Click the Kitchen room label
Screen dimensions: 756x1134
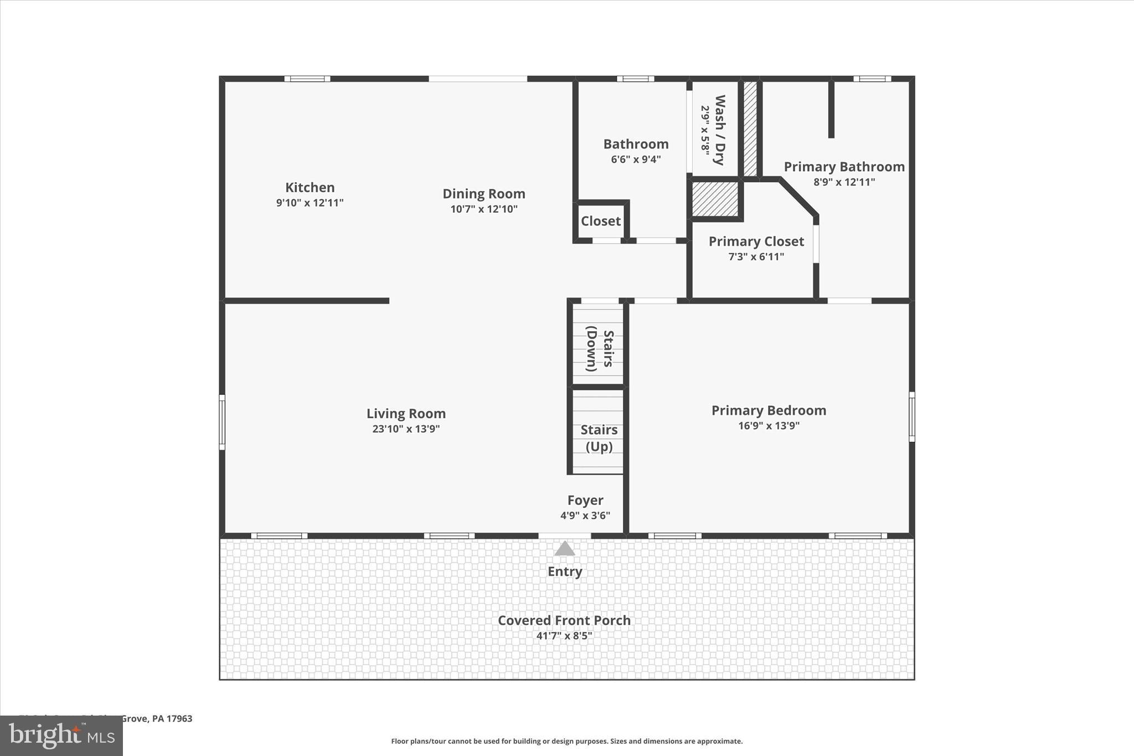(x=310, y=187)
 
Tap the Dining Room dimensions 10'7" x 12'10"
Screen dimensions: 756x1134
(x=483, y=209)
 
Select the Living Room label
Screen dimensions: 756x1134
(x=406, y=413)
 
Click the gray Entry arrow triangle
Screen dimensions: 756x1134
(x=564, y=549)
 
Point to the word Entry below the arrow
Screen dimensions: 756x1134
(x=564, y=571)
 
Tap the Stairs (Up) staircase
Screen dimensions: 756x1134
(x=599, y=438)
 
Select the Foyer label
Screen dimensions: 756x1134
(x=585, y=500)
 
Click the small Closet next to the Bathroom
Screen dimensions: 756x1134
(x=600, y=221)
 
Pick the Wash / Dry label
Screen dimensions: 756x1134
(x=719, y=130)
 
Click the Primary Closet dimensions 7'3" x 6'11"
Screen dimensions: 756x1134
(x=756, y=256)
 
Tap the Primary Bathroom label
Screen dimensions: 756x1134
(x=844, y=167)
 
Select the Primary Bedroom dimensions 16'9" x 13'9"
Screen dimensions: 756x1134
(x=769, y=425)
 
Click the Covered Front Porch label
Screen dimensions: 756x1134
(x=564, y=620)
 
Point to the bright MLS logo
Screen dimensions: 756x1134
(x=61, y=736)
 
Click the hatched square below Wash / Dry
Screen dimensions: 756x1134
(x=715, y=199)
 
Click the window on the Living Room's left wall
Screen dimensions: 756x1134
(x=222, y=421)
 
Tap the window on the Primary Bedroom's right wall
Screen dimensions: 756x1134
(x=911, y=416)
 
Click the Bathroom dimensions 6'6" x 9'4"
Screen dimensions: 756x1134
(x=636, y=159)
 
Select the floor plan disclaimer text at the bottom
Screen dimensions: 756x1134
(x=566, y=741)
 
